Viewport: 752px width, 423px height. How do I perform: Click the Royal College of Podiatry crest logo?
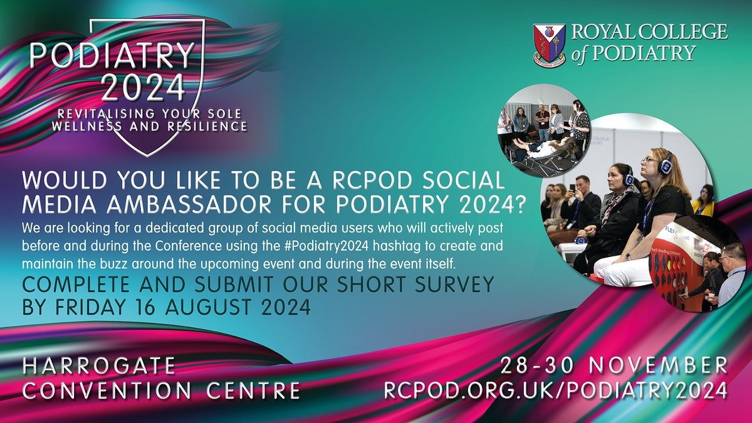tap(550, 44)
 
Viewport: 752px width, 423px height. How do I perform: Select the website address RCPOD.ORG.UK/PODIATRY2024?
tap(556, 389)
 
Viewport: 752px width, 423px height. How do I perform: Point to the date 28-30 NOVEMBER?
tap(614, 365)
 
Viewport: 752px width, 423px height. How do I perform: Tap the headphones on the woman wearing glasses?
tap(667, 164)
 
